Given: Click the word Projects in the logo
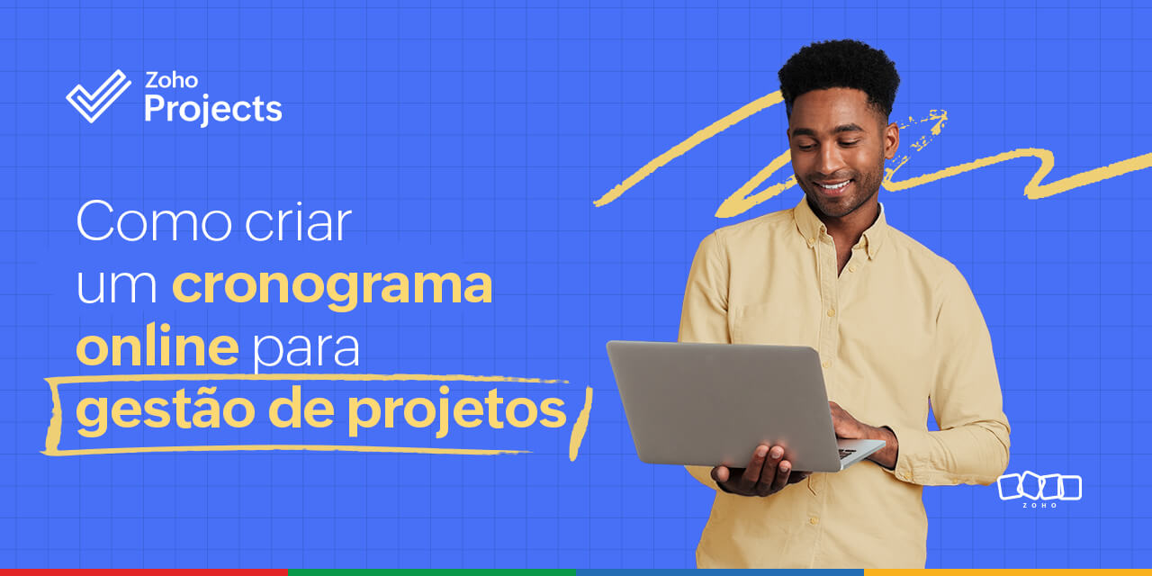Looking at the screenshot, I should (213, 109).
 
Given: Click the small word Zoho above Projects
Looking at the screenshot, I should (171, 80).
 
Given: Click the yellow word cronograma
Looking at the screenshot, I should (332, 285).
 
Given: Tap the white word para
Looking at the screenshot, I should (306, 351).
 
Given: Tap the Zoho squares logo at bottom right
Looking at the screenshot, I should (1039, 488).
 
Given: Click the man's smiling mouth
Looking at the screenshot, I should (833, 187).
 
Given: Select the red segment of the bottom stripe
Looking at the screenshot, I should (144, 571).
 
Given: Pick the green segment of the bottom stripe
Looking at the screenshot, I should (432, 571).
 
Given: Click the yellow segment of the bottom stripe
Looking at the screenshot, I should (1008, 571).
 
